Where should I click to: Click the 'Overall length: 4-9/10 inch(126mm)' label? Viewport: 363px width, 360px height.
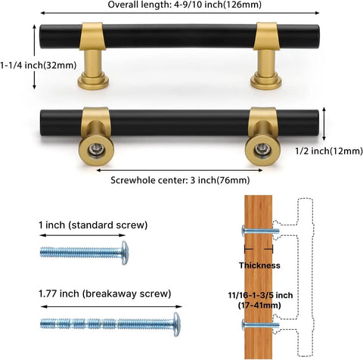point(185,5)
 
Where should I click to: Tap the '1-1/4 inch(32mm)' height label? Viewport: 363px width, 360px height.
point(39,66)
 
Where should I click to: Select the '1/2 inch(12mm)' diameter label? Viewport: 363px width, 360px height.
point(329,151)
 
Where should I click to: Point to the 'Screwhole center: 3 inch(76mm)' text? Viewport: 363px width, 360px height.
point(180,180)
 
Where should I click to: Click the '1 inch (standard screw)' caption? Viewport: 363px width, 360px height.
point(93,225)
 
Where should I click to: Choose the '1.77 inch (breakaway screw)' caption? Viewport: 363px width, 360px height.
point(105,293)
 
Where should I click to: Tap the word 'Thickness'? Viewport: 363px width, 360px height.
point(259,265)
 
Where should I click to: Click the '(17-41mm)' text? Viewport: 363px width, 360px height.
point(259,306)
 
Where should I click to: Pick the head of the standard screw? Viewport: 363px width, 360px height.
point(125,253)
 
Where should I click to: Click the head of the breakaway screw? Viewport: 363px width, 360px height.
point(177,324)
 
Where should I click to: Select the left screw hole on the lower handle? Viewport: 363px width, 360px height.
point(97,151)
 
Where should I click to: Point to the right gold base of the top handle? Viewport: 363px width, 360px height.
point(266,80)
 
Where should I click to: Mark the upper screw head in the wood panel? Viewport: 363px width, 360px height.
point(244,231)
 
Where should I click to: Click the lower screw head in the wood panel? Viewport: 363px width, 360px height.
point(244,325)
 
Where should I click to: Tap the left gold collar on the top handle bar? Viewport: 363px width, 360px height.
point(92,36)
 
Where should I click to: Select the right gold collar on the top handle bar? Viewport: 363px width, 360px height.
point(266,36)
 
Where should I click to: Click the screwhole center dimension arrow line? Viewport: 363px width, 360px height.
point(179,170)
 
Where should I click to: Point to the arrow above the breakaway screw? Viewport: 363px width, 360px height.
point(111,306)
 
